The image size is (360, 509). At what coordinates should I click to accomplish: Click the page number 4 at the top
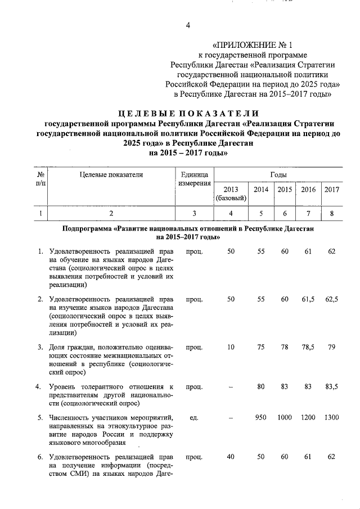pos(188,25)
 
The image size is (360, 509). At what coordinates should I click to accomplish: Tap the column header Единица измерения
pos(195,179)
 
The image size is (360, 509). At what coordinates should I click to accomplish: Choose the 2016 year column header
pos(308,190)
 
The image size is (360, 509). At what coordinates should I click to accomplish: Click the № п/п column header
pos(40,179)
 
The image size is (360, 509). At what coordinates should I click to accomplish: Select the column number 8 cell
pos(332,213)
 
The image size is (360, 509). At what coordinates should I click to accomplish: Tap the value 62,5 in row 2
pos(332,299)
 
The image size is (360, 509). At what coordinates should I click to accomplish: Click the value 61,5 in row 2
pos(308,299)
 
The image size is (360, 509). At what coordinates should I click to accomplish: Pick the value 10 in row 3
pos(231,347)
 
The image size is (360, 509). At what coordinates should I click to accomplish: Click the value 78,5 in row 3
pos(308,347)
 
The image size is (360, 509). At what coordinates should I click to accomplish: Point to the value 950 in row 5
pos(260,418)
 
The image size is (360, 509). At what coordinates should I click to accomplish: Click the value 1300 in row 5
pos(332,418)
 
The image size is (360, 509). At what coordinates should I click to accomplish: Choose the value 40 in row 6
pos(231,457)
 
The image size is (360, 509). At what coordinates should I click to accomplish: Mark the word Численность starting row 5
pos(70,418)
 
